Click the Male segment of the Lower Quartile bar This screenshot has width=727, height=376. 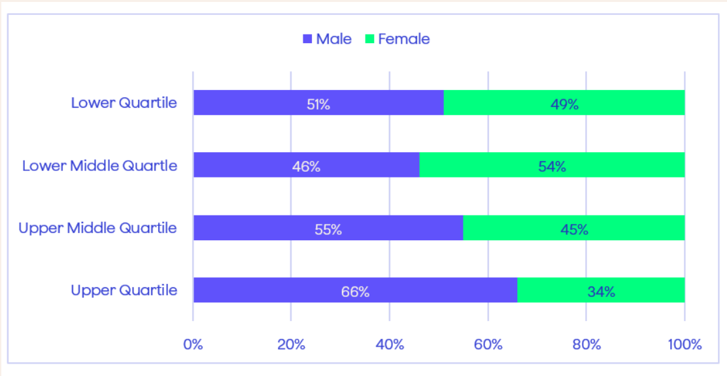[x=318, y=102]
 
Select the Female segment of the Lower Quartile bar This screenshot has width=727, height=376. [x=564, y=102]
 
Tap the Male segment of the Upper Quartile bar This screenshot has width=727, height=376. [x=355, y=290]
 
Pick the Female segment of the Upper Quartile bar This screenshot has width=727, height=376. [x=601, y=290]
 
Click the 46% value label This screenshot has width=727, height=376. [x=306, y=166]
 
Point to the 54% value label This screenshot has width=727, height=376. [x=552, y=166]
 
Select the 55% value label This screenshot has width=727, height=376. [x=328, y=229]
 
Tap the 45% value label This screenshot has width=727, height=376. [x=574, y=229]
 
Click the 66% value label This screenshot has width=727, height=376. [x=355, y=292]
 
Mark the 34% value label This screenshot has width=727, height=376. [x=601, y=292]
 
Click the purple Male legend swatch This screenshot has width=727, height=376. [x=307, y=39]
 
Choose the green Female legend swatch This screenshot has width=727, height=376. [x=369, y=39]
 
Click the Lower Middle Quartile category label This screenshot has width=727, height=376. [x=99, y=166]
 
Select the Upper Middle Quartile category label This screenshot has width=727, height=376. [x=98, y=228]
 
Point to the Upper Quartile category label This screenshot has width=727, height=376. [x=124, y=290]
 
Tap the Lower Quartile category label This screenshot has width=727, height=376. [x=124, y=102]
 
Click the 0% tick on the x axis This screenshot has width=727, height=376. [x=194, y=345]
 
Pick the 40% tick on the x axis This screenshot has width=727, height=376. [x=390, y=345]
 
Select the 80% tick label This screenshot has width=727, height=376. [x=586, y=345]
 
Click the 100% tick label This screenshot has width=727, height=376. [x=685, y=345]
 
